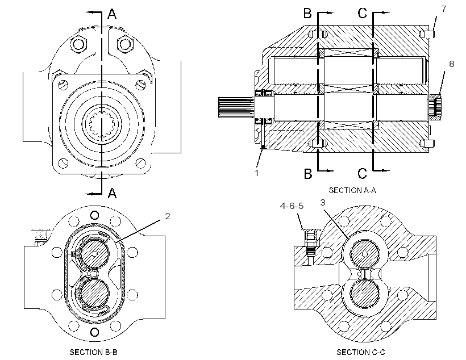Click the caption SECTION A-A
pos(352,190)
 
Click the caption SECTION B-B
pos(94,352)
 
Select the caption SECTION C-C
pos(360,352)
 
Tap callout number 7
pos(444,9)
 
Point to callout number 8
pos(451,64)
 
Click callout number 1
pos(257,173)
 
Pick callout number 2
pos(167,216)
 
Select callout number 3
pos(322,203)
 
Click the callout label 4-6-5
pos(292,206)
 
